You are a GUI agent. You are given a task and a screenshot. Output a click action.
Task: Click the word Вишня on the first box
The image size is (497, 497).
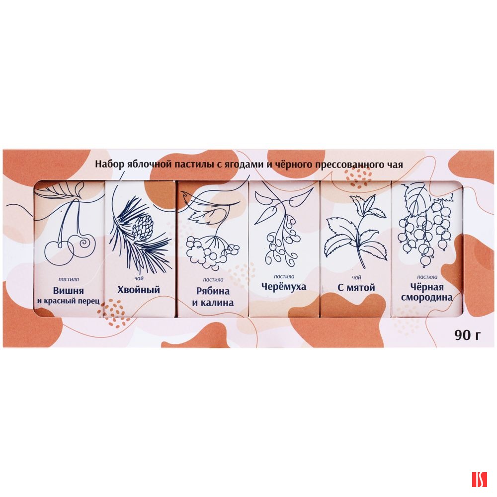[68, 291]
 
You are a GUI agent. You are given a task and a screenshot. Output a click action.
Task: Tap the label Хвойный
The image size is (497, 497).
[139, 290]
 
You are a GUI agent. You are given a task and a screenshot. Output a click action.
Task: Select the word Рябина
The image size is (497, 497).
[213, 291]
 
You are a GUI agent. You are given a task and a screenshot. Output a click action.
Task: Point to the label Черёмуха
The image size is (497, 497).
[284, 287]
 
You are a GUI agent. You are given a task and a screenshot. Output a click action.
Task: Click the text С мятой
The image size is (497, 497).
[356, 287]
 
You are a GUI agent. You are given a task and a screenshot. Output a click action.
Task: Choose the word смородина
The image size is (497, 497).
[426, 298]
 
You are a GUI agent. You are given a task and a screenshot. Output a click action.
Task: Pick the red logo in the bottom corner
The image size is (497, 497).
[479, 480]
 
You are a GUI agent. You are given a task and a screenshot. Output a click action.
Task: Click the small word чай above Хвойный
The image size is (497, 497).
[139, 278]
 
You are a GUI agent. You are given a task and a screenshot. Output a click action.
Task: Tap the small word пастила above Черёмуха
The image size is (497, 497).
[284, 276]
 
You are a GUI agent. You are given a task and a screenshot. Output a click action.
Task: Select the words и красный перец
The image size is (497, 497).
[68, 301]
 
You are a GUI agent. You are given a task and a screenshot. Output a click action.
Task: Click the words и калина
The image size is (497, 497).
[213, 302]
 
